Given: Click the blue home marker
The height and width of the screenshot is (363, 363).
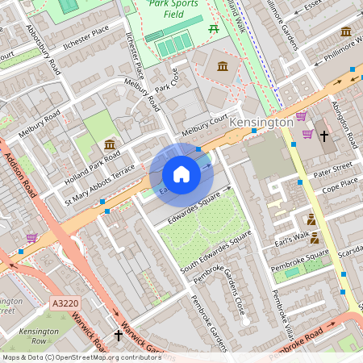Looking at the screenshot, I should click(x=181, y=174).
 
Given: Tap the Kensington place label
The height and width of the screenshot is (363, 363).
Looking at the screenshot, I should click(x=261, y=122).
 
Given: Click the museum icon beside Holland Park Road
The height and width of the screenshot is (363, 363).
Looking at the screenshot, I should click(x=110, y=144).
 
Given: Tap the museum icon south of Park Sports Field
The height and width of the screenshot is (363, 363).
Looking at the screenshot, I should click(x=222, y=65).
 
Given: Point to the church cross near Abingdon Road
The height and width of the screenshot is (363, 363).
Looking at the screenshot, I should click(x=324, y=136).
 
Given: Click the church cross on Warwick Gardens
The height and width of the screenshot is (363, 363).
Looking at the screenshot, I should click(x=119, y=334).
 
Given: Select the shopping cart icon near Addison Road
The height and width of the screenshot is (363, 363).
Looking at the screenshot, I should click(x=31, y=238).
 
